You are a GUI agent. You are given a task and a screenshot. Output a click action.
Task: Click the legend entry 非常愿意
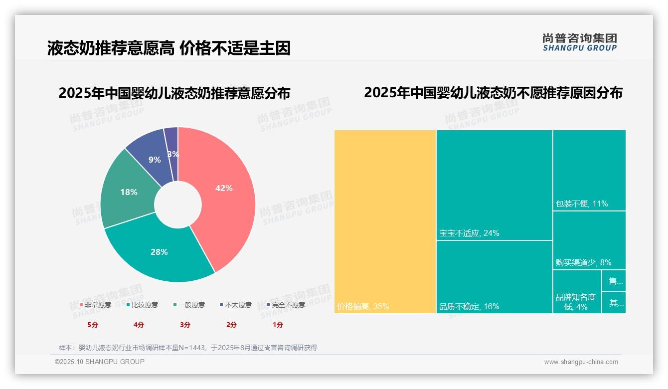(95, 305)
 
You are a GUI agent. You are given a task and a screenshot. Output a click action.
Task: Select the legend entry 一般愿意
(189, 305)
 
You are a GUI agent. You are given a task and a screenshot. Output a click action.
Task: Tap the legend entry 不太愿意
(235, 305)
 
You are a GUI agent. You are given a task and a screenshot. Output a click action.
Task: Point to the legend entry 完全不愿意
(286, 305)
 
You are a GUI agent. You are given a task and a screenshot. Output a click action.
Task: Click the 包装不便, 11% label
(582, 203)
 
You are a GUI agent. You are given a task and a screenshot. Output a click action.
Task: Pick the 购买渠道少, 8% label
(583, 262)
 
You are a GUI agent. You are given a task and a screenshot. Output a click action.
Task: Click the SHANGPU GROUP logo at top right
(579, 42)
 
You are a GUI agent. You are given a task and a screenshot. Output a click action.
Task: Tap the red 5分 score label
(93, 325)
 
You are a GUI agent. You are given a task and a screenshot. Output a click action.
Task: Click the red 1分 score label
(278, 325)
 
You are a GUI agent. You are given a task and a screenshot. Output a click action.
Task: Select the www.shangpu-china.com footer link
(581, 362)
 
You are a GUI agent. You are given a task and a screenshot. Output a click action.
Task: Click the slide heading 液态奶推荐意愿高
(111, 48)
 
